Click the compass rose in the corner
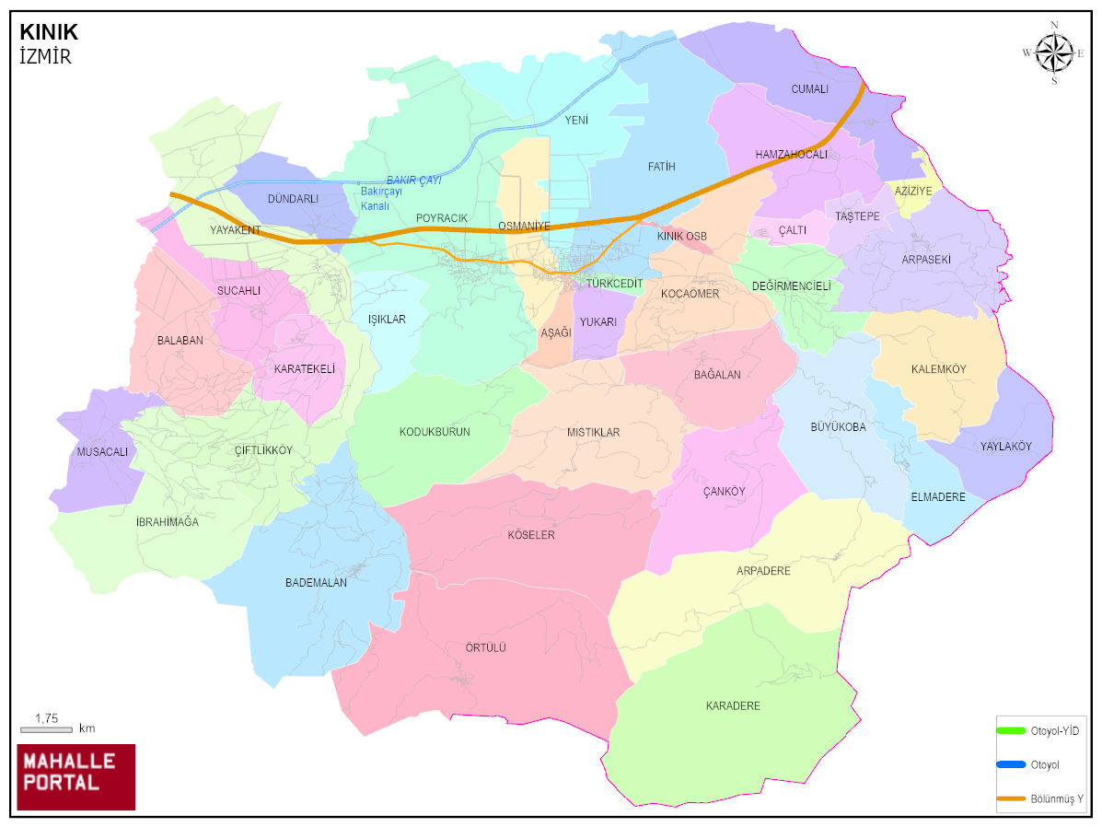tap(1053, 52)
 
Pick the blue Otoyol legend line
tap(1011, 764)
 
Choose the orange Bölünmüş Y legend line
tap(1011, 798)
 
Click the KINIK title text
tap(49, 32)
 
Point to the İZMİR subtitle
tap(45, 56)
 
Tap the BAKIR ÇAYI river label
tap(413, 181)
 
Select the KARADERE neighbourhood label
tap(733, 706)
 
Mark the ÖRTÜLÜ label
tap(486, 648)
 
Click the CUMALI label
tap(810, 89)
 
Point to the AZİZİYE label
tap(913, 191)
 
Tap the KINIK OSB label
tap(682, 237)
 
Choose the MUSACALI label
tap(102, 452)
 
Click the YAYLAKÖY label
tap(1005, 447)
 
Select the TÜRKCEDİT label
tap(615, 284)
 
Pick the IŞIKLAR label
tap(387, 320)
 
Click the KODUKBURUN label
tap(435, 432)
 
